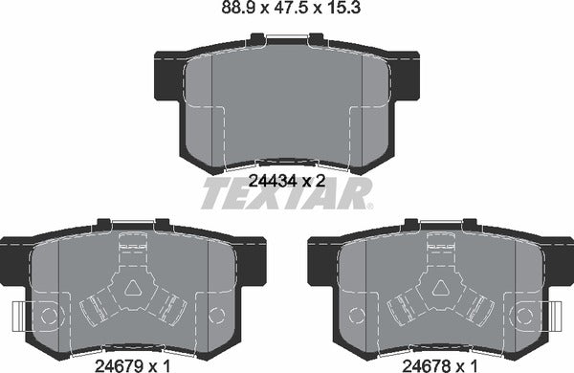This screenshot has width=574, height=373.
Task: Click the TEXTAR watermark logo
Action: (x=286, y=194)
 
